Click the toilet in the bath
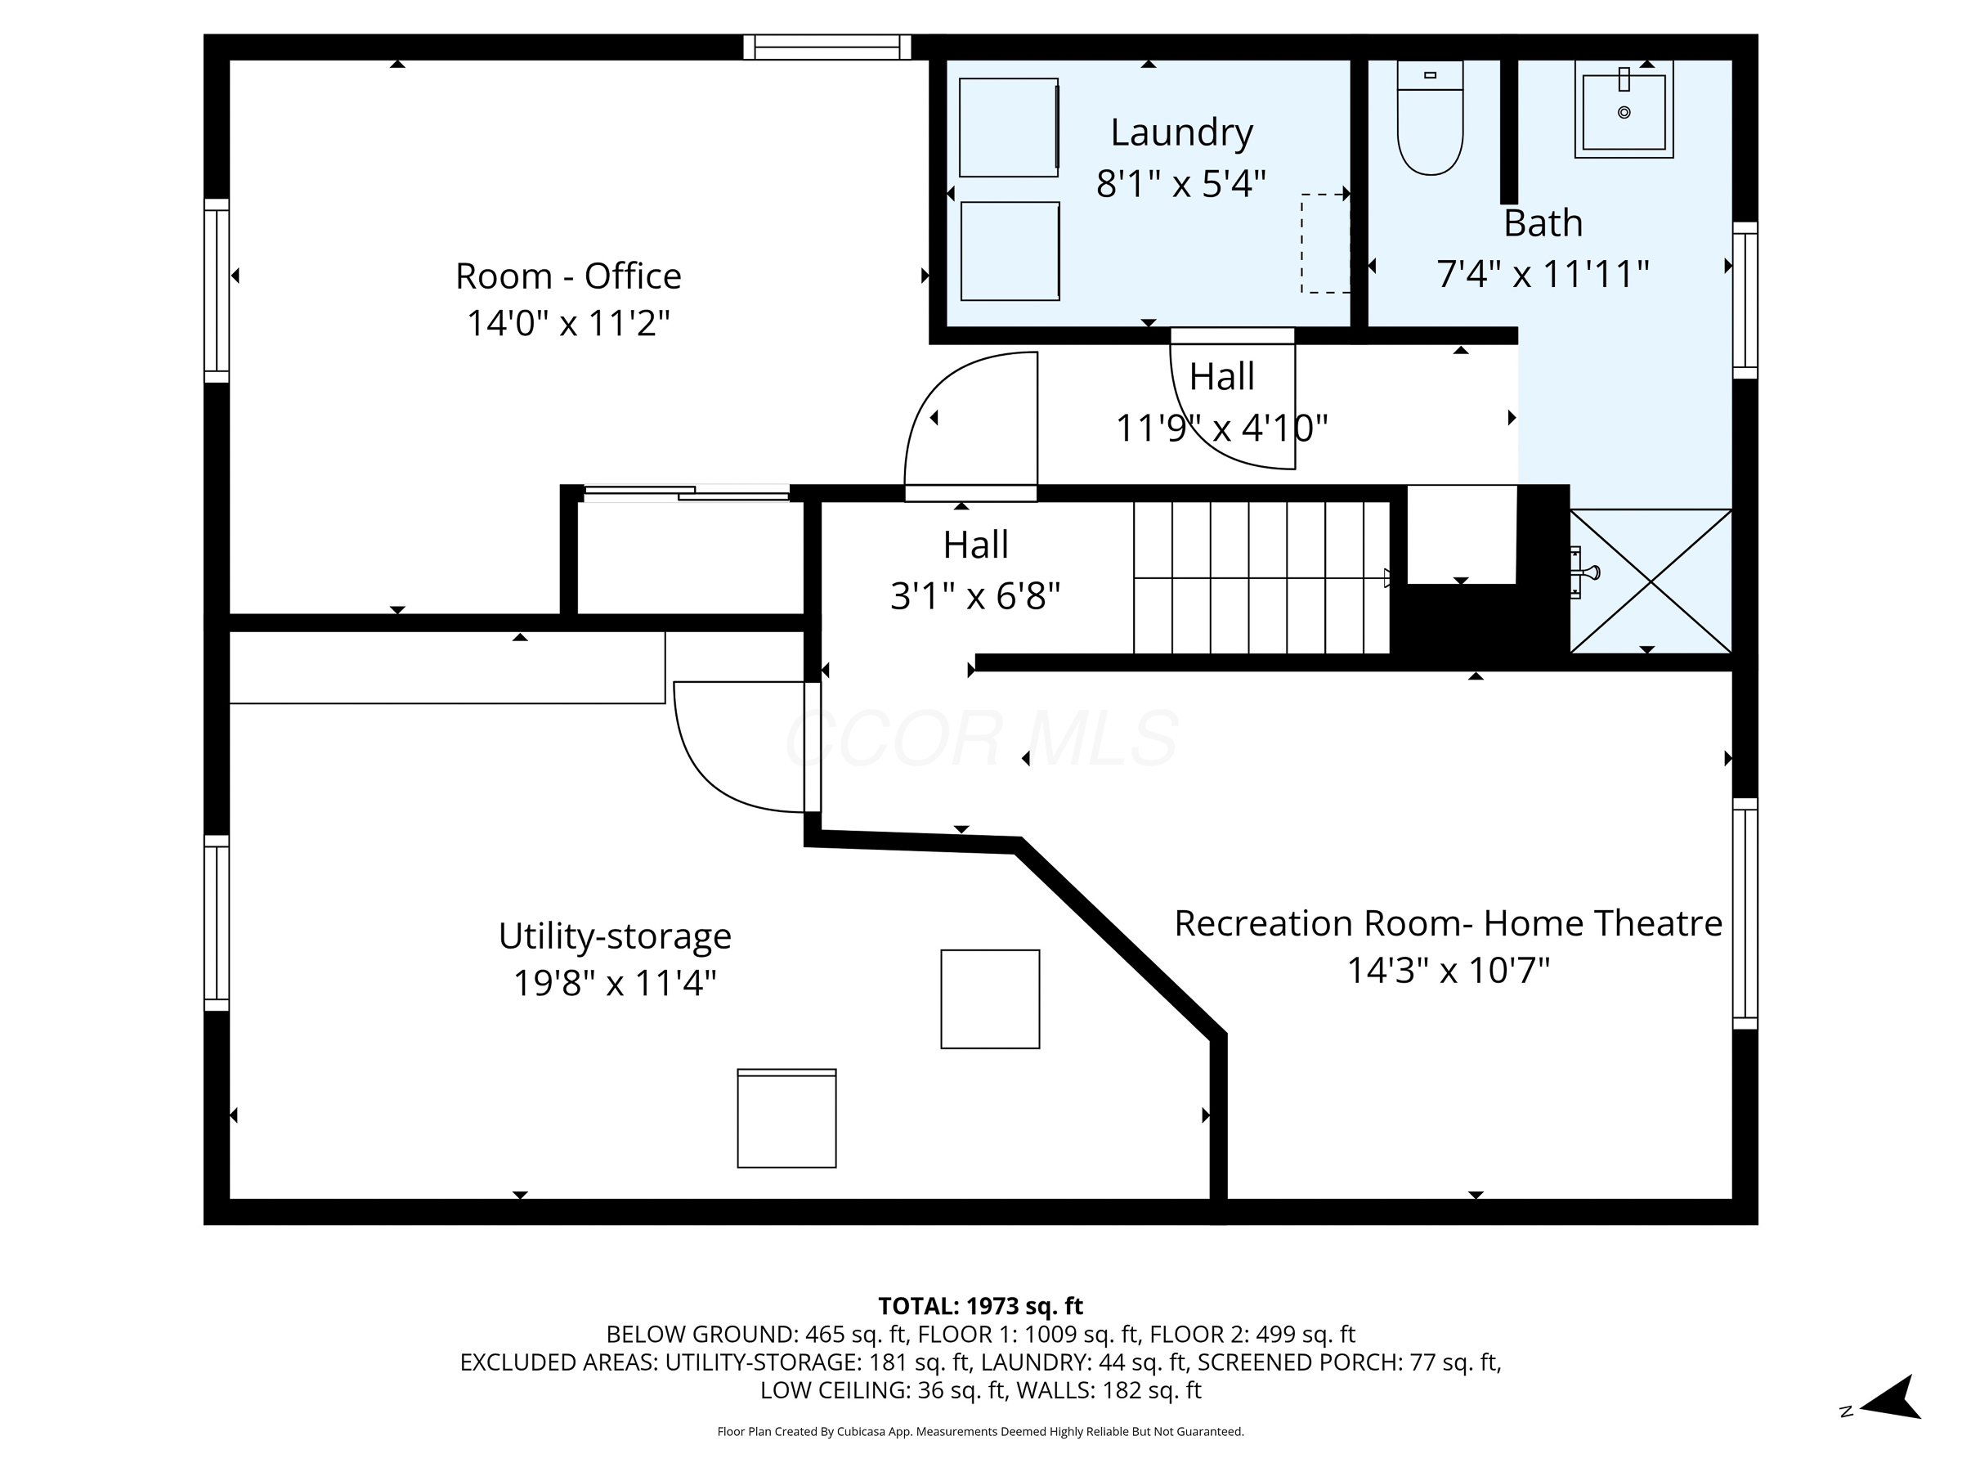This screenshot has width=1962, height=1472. click(1430, 117)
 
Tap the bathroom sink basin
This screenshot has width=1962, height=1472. click(1624, 110)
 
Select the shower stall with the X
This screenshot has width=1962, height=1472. click(1651, 581)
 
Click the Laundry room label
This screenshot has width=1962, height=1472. click(1181, 132)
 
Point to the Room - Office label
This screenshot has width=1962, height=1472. click(567, 276)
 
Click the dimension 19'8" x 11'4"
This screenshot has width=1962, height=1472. click(615, 982)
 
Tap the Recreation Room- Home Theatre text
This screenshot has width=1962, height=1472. click(1448, 922)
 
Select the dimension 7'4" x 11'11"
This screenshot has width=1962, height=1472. click(1543, 273)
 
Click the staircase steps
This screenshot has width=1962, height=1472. click(1261, 577)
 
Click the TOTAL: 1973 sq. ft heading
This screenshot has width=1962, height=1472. click(980, 1306)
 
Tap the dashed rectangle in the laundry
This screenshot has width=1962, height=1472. click(1325, 243)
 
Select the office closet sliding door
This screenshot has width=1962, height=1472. click(686, 493)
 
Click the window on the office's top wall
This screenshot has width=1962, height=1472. click(826, 47)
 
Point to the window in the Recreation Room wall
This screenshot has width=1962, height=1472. click(1745, 914)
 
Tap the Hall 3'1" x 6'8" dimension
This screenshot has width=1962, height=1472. click(975, 595)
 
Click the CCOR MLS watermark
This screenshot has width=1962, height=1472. click(981, 738)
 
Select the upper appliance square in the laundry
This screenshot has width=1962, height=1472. click(1010, 127)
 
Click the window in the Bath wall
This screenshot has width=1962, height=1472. click(1745, 300)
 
